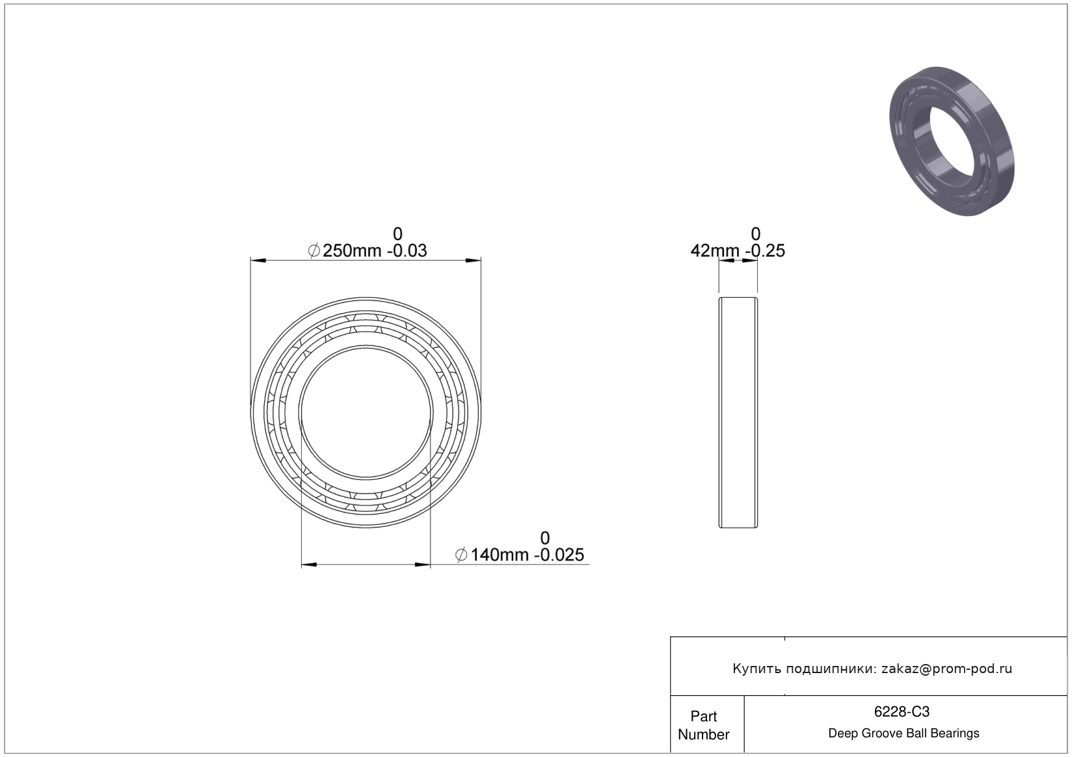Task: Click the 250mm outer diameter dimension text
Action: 352,251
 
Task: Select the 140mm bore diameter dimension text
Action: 500,555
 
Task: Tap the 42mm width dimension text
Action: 715,251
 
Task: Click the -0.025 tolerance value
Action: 559,555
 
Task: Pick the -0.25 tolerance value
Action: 765,251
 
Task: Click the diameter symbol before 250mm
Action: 314,251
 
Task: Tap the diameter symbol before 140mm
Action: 461,555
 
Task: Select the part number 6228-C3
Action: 902,712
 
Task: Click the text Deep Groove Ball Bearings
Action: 904,734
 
